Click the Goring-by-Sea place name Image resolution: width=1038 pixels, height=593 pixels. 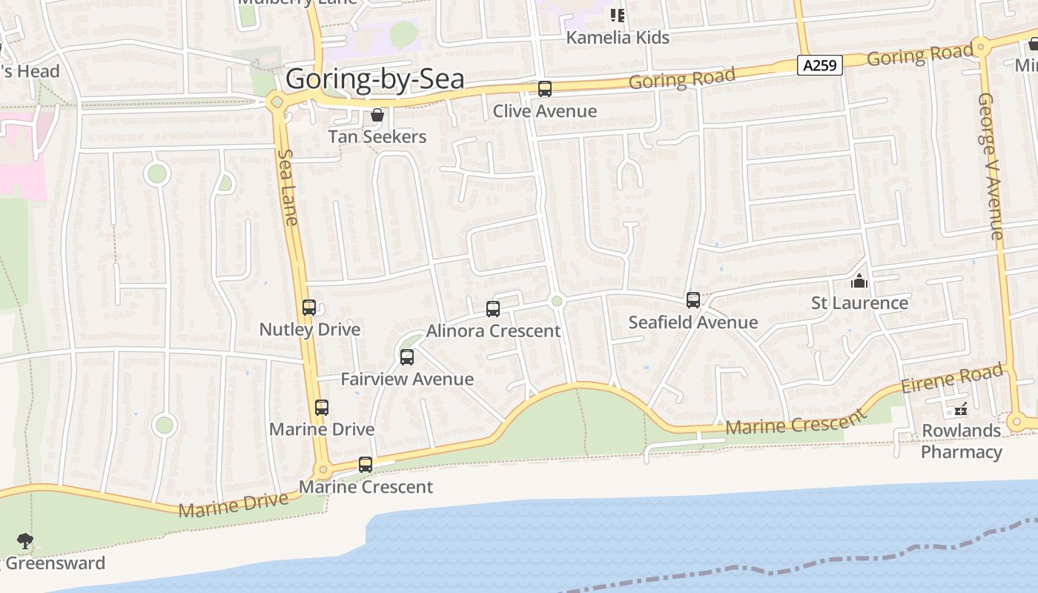[x=374, y=79]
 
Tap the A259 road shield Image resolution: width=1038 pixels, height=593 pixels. [x=821, y=65]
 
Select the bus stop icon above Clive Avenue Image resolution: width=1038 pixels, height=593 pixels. [x=545, y=90]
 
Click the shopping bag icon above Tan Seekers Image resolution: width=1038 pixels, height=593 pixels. [x=377, y=115]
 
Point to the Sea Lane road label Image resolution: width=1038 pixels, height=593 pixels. [x=288, y=187]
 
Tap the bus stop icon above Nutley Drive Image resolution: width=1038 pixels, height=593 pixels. [x=309, y=307]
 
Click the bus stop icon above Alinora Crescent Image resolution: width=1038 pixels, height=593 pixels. [x=493, y=309]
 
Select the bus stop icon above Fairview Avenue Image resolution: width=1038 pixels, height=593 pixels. [x=407, y=357]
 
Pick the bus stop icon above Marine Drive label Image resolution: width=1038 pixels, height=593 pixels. [x=322, y=408]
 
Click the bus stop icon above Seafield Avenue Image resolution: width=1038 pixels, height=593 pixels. [x=693, y=300]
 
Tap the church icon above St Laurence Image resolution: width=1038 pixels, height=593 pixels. [x=859, y=282]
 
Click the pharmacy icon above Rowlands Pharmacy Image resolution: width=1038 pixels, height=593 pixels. [x=961, y=409]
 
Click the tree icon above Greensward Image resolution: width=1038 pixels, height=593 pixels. [x=25, y=540]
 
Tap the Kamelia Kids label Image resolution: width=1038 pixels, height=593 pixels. [x=618, y=37]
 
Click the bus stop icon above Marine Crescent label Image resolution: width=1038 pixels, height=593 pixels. [x=366, y=465]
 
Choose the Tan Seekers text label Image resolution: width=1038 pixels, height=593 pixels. [x=377, y=136]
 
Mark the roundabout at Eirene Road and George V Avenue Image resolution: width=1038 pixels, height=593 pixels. [x=1015, y=423]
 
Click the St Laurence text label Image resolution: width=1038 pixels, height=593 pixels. [x=859, y=302]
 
